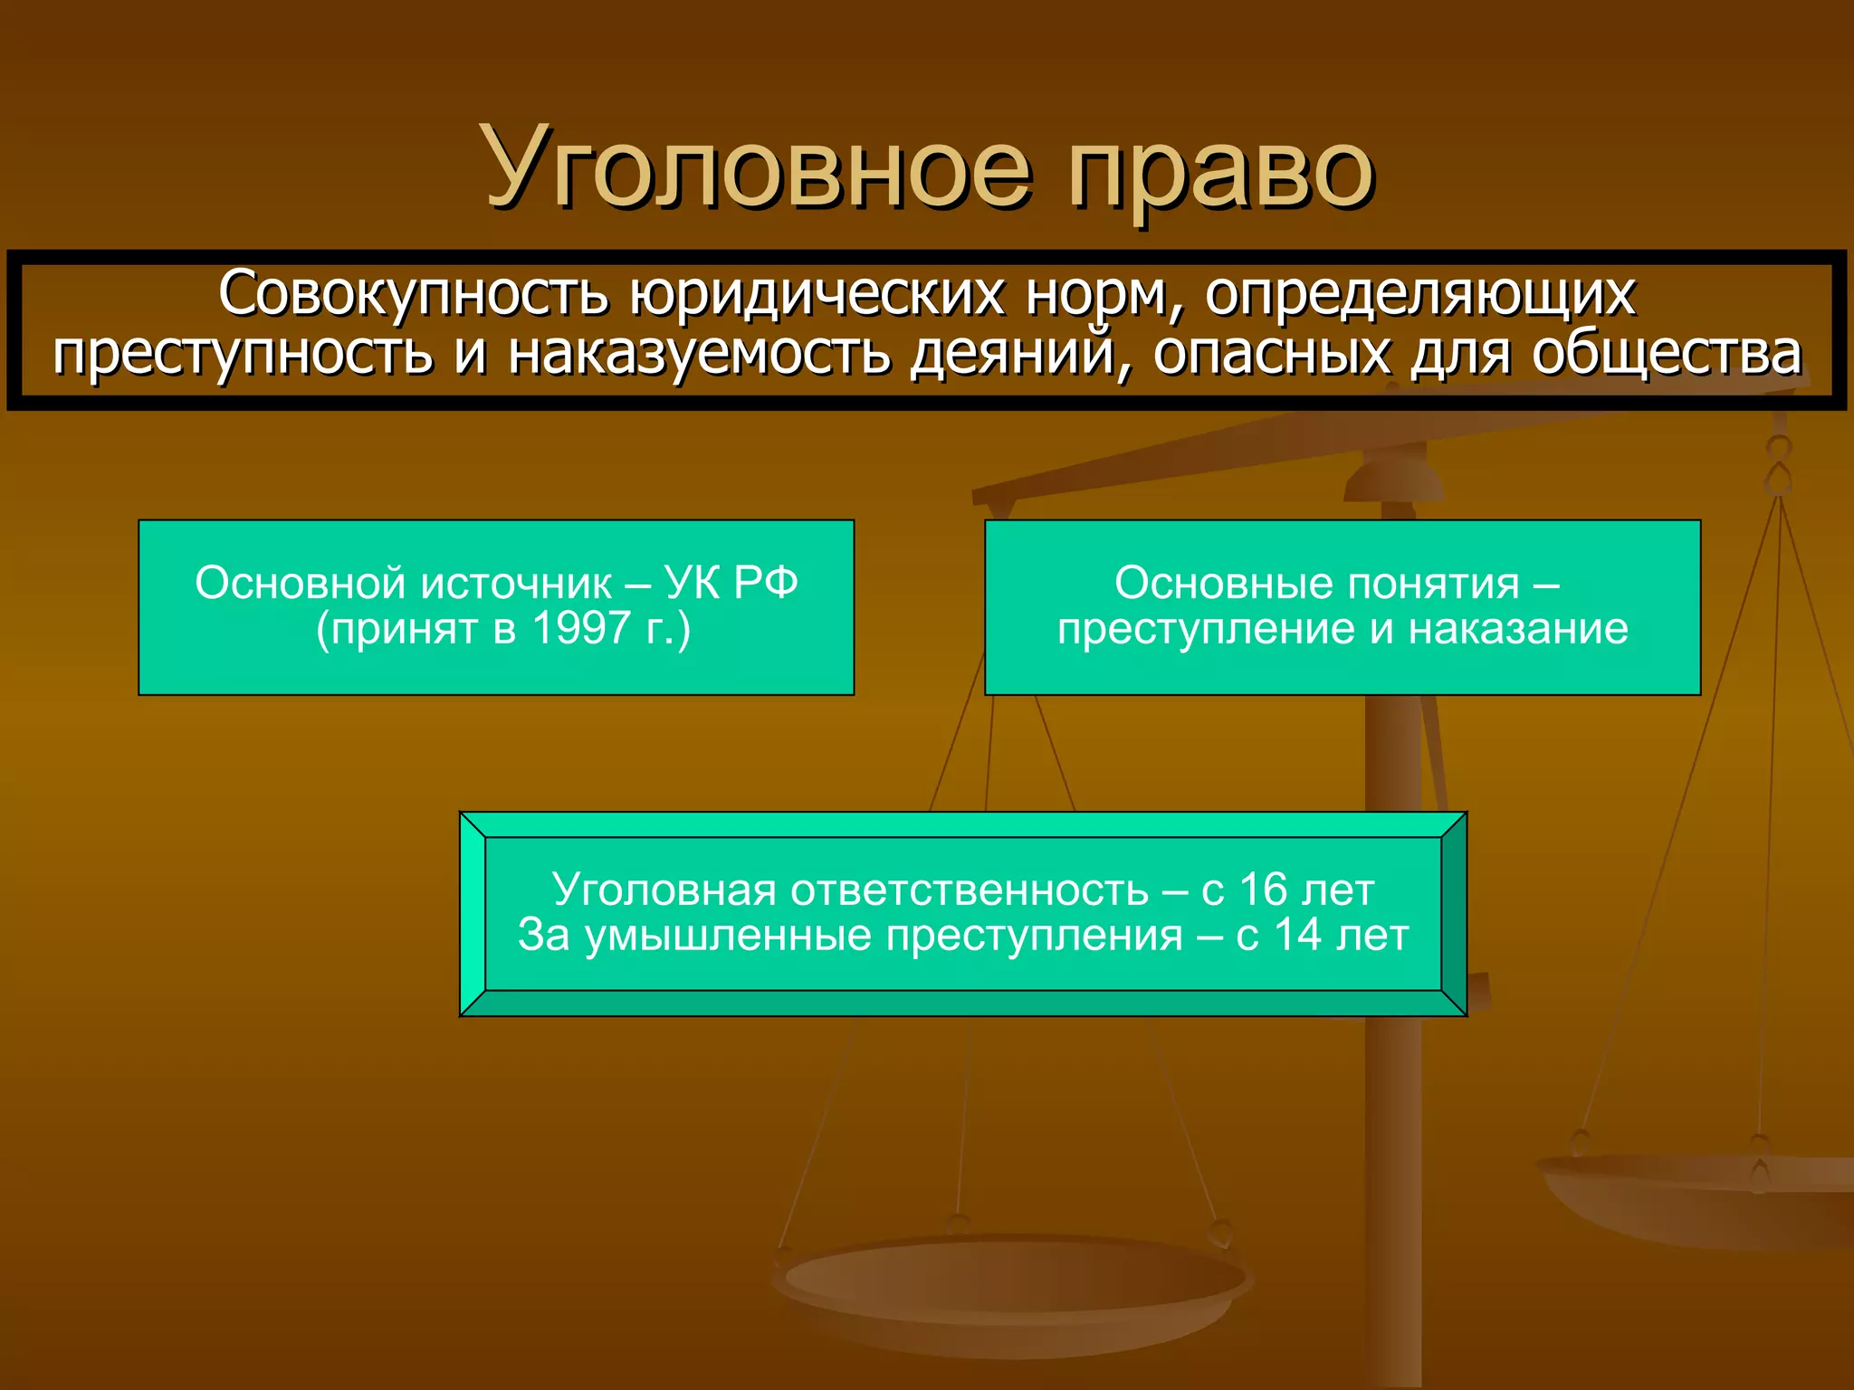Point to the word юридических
(817, 295)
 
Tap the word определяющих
(1419, 295)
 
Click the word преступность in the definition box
(243, 354)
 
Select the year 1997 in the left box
(580, 628)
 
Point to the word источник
(516, 584)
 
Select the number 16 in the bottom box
(1263, 890)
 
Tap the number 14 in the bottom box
(1298, 935)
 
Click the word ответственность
(970, 890)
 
